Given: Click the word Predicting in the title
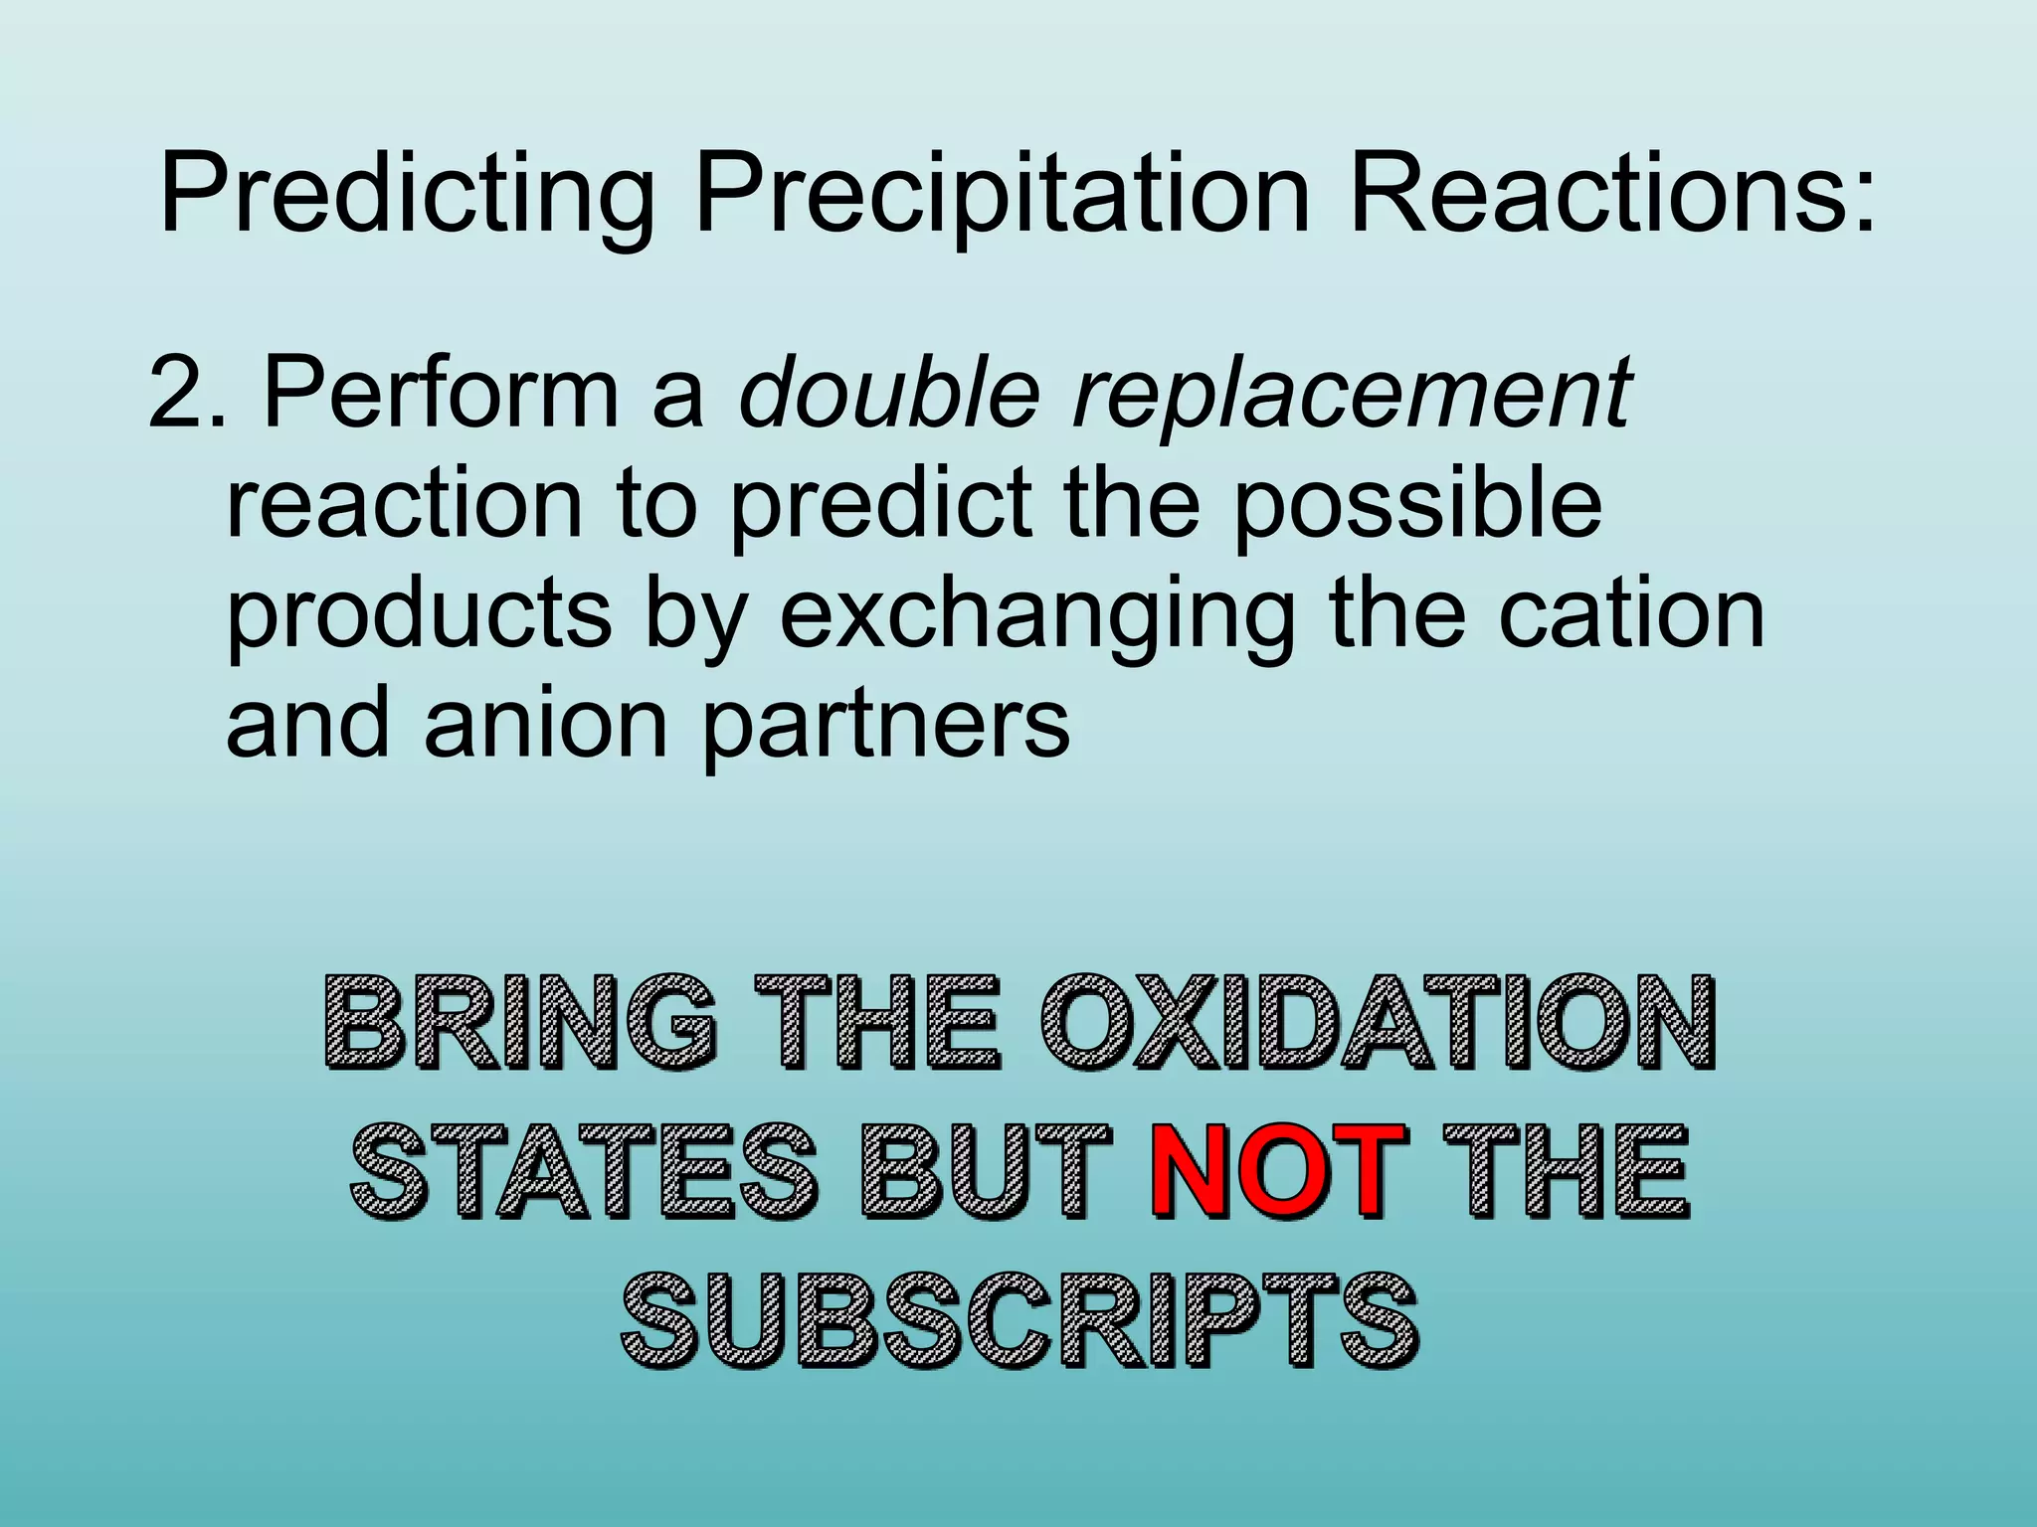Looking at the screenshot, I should (x=407, y=196).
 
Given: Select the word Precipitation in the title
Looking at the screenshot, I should (x=1003, y=196).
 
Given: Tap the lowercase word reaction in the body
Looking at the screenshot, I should (x=404, y=504).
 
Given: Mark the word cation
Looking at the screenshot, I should (x=1631, y=612).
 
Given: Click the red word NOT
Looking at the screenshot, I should (x=1278, y=1171).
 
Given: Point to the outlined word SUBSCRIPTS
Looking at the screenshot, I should (x=1019, y=1319).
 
